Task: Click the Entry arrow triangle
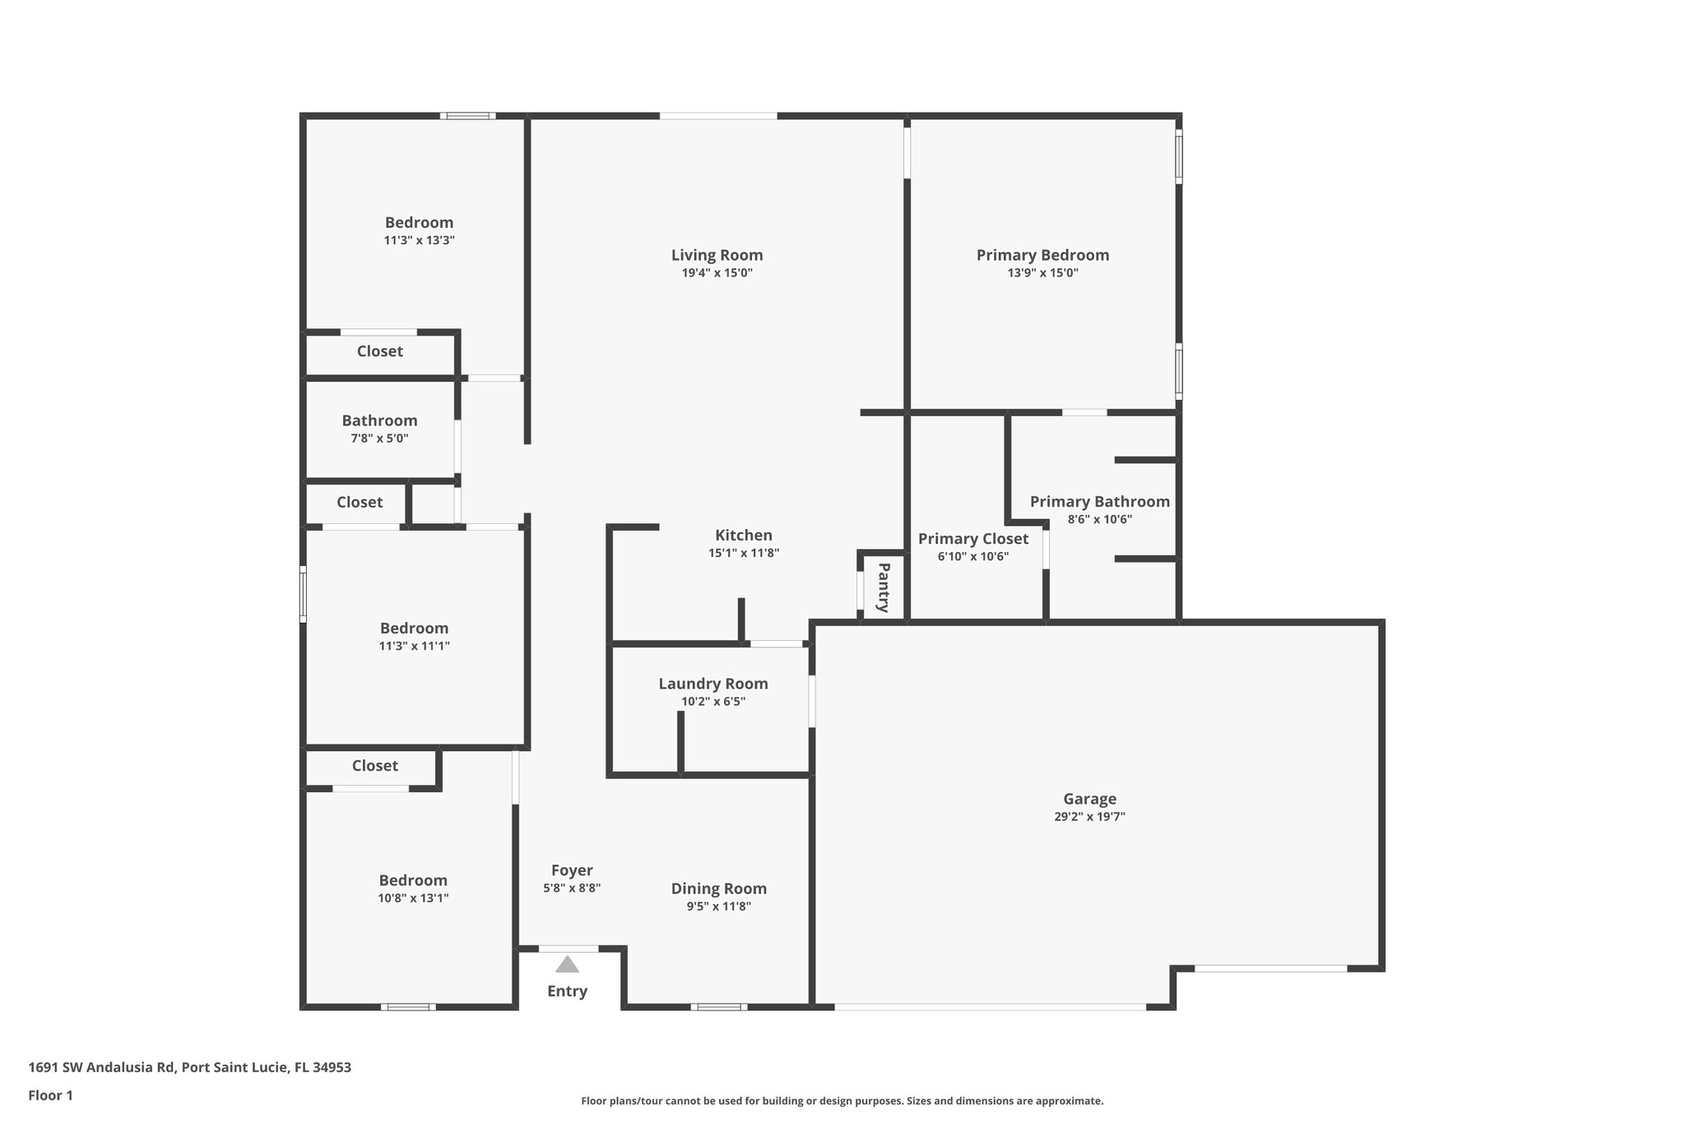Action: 567,964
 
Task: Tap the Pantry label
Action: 884,587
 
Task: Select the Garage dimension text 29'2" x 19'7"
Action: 1089,816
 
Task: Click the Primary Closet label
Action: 972,539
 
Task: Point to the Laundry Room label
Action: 713,684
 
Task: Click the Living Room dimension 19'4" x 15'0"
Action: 717,273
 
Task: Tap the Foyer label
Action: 572,870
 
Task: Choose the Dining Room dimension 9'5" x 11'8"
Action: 718,907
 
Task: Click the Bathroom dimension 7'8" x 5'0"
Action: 379,439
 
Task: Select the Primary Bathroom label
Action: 1099,502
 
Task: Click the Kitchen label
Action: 743,536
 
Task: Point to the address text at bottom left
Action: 189,1067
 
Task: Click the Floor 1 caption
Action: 50,1095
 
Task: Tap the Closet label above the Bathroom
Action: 379,351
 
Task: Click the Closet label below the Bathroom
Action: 360,502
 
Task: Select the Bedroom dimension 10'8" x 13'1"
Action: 413,898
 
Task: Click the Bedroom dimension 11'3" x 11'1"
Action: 414,646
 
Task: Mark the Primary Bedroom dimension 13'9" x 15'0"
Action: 1042,273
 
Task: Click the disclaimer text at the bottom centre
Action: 842,1101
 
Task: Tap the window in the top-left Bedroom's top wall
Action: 467,116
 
